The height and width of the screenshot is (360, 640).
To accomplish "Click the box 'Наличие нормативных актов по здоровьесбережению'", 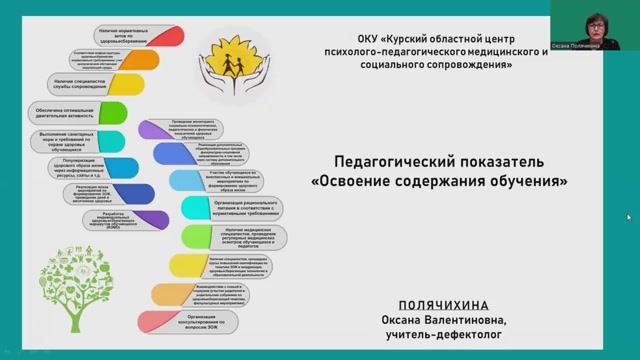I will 118,36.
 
